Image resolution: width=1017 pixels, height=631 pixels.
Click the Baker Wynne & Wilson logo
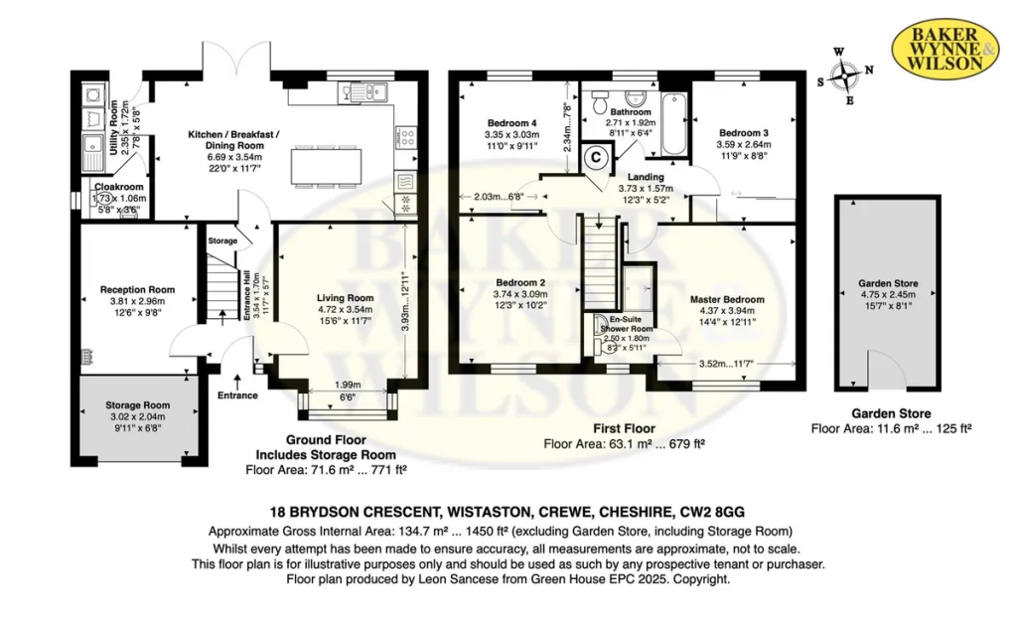coord(944,50)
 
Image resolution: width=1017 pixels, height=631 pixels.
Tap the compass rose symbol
coord(845,76)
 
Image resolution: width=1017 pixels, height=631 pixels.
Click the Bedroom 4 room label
coord(511,122)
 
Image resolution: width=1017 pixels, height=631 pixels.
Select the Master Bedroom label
coord(727,299)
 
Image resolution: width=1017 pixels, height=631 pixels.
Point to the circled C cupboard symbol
coord(596,157)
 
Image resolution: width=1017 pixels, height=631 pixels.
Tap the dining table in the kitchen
coord(325,167)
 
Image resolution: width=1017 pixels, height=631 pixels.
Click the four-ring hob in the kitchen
coord(406,137)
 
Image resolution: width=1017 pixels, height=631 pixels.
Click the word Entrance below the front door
coord(237,395)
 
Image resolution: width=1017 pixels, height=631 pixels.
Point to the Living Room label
coord(345,298)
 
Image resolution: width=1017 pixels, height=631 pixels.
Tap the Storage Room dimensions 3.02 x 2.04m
coord(137,416)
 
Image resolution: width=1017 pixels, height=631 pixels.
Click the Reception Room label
coord(137,289)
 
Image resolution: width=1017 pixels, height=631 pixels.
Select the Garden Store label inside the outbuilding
coord(888,283)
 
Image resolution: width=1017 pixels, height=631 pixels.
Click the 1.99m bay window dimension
coord(349,385)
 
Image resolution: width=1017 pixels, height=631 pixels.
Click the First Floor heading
coord(624,428)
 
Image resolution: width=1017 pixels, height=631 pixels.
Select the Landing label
coord(646,177)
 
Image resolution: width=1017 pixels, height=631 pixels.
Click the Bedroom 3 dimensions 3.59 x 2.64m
coord(743,145)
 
